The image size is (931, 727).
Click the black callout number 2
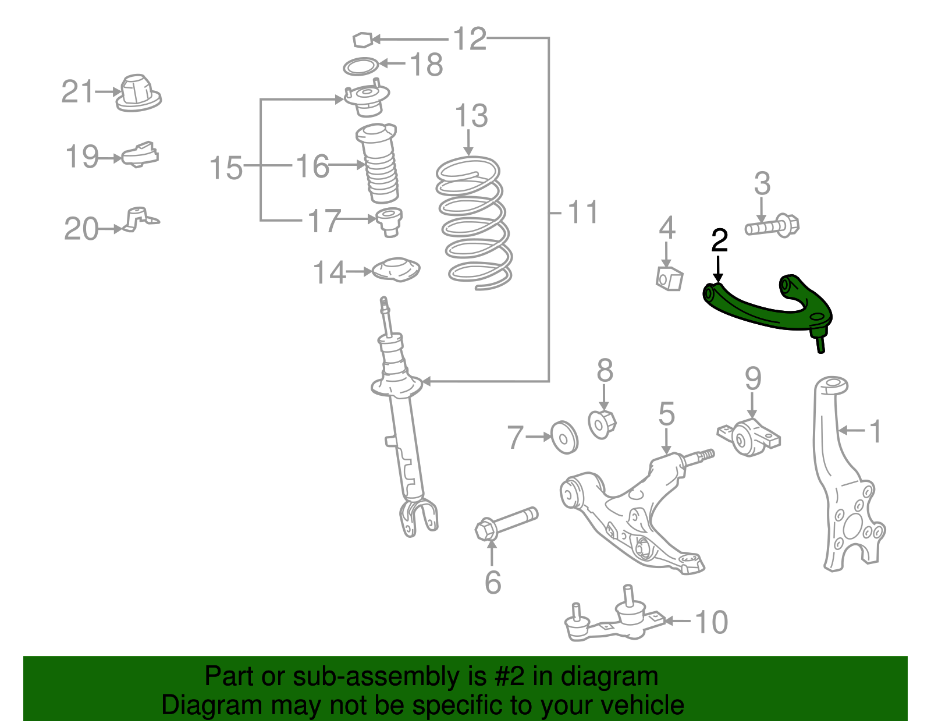click(719, 240)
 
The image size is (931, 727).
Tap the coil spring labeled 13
click(474, 224)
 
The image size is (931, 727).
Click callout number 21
click(77, 92)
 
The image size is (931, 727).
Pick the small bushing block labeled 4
click(669, 278)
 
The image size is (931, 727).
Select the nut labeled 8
click(602, 423)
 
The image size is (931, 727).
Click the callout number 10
click(711, 622)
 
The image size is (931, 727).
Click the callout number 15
click(226, 168)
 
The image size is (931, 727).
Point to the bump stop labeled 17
click(389, 221)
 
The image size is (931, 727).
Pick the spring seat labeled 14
click(396, 271)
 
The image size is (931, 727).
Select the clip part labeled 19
click(140, 155)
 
